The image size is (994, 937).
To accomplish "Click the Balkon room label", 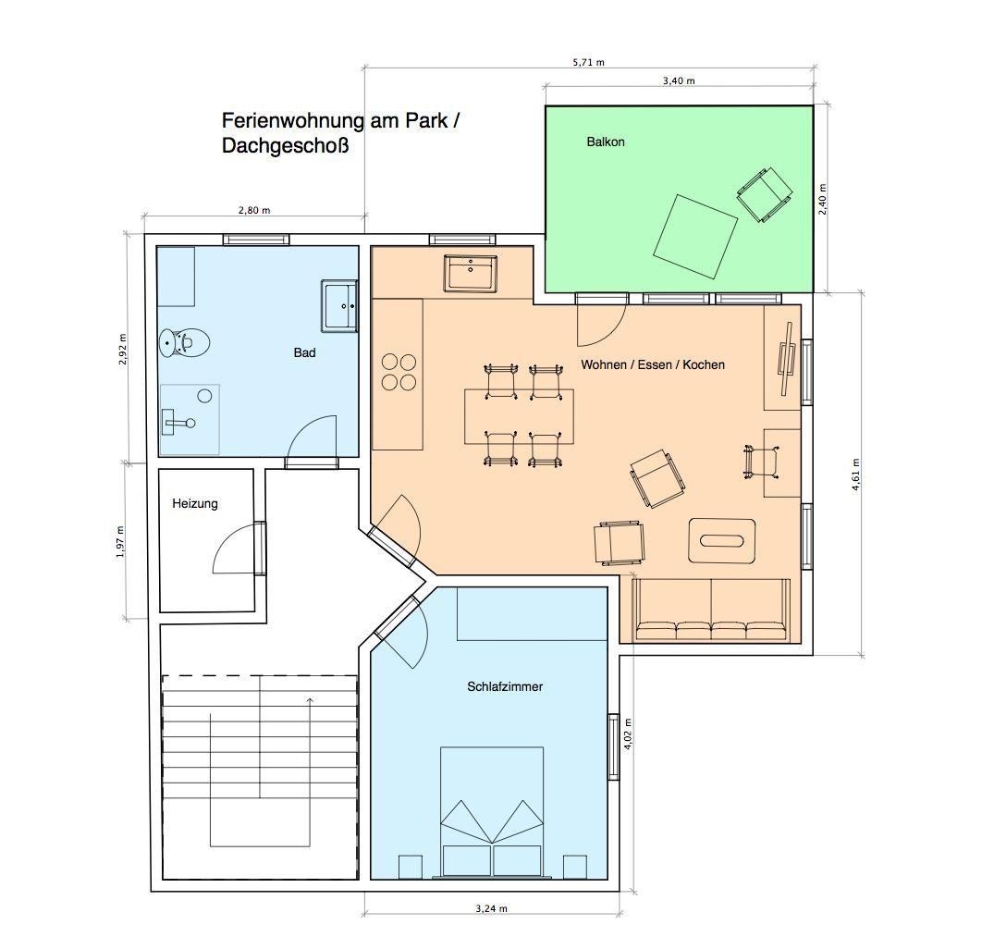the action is [x=606, y=142].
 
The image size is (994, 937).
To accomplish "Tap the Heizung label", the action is [x=194, y=504].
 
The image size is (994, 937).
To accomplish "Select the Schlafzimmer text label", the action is [x=505, y=686].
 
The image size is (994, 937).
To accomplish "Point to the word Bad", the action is [x=304, y=353].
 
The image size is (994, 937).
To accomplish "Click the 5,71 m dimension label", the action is [x=588, y=62].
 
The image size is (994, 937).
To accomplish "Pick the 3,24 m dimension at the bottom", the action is [x=491, y=908].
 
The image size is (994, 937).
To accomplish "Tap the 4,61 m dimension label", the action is [x=856, y=475].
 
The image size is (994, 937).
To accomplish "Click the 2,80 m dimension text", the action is [x=254, y=211].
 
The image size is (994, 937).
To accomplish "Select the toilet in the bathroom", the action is [x=184, y=343].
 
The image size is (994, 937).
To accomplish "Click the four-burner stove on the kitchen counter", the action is [x=399, y=372].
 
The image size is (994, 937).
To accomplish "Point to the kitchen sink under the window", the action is [x=471, y=273].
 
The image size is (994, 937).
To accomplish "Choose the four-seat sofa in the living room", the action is [x=711, y=610].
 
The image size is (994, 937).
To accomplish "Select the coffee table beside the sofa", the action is [x=722, y=541].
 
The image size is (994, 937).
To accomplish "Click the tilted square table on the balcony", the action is [x=695, y=236].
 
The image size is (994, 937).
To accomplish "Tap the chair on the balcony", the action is [x=765, y=194].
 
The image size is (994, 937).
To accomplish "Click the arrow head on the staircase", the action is [x=310, y=700].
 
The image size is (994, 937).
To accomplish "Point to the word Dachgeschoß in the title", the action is [x=286, y=146].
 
